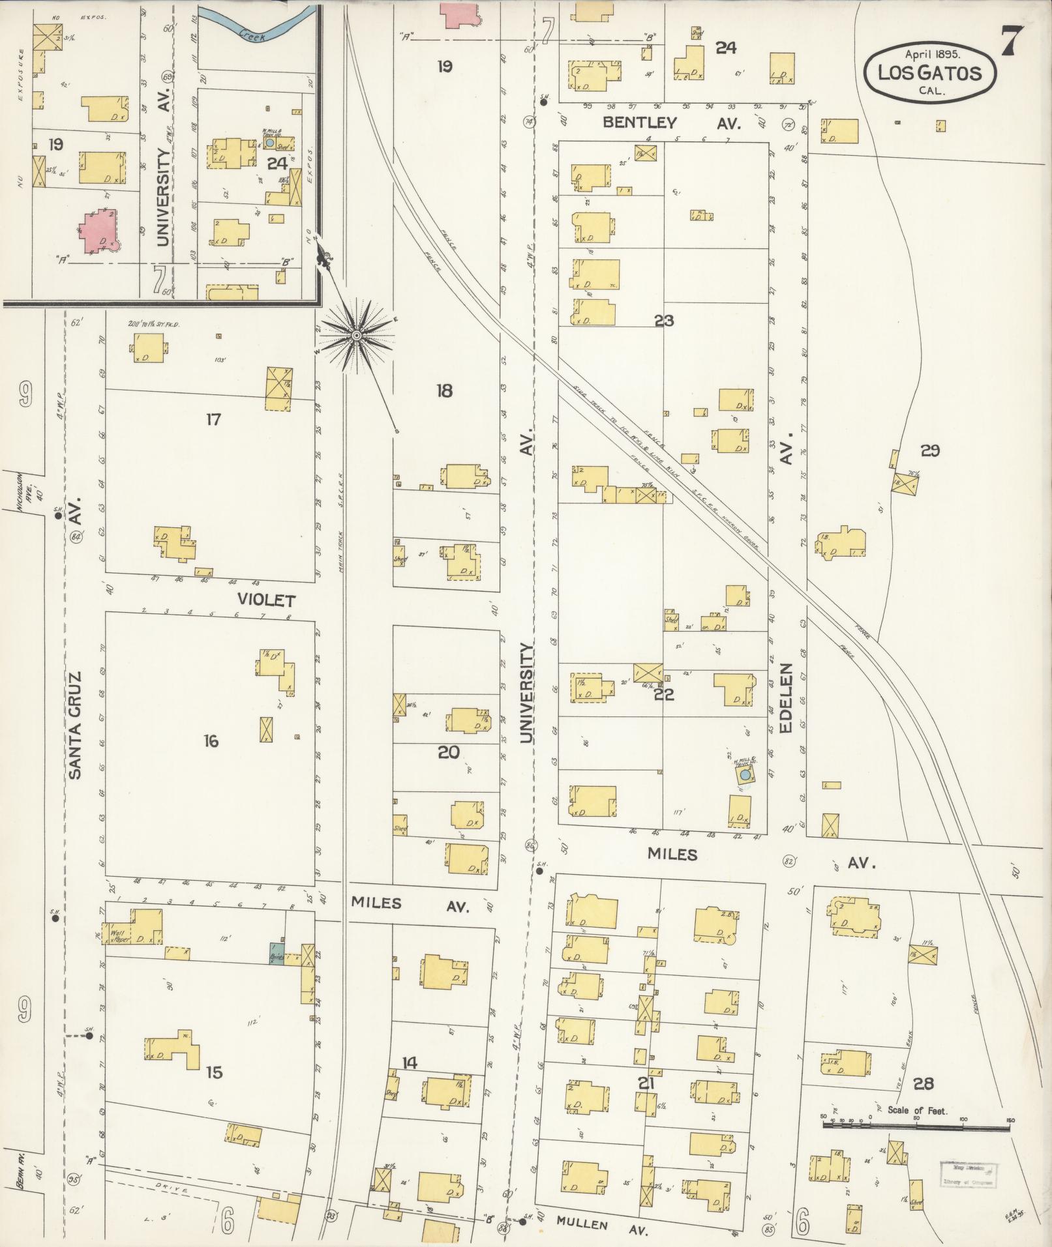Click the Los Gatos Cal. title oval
pos(930,72)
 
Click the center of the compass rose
pos(356,336)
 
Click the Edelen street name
pos(785,697)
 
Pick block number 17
pos(213,420)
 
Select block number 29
pos(930,450)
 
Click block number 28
pos(924,1084)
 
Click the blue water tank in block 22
pos(744,776)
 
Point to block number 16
pos(211,741)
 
